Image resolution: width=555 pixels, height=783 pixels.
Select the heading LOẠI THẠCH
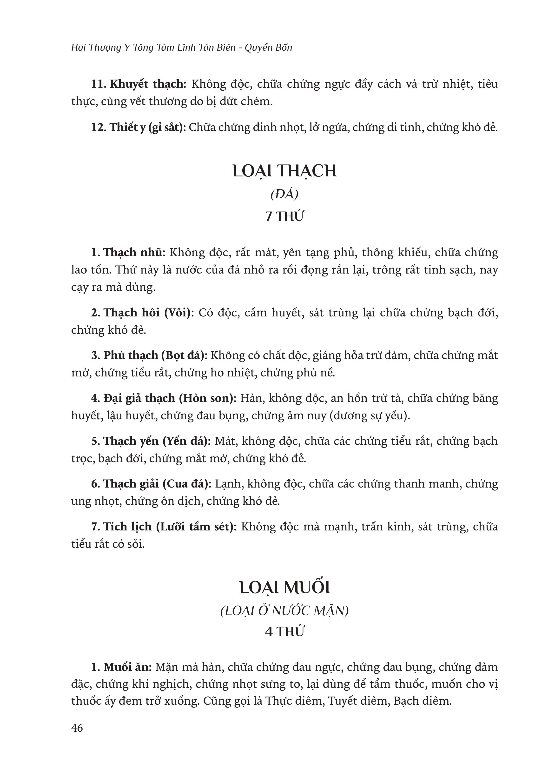[x=284, y=171]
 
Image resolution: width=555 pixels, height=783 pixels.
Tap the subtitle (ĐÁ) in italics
[x=284, y=194]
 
